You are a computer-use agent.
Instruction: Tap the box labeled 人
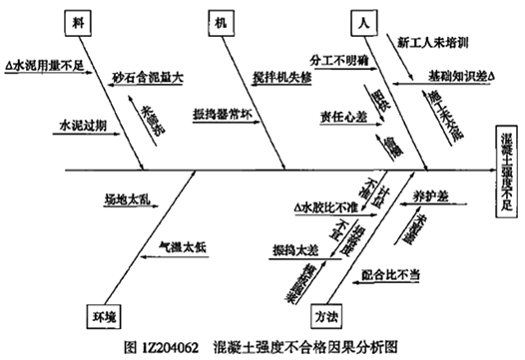(361, 24)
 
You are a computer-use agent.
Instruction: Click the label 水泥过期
(79, 128)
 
